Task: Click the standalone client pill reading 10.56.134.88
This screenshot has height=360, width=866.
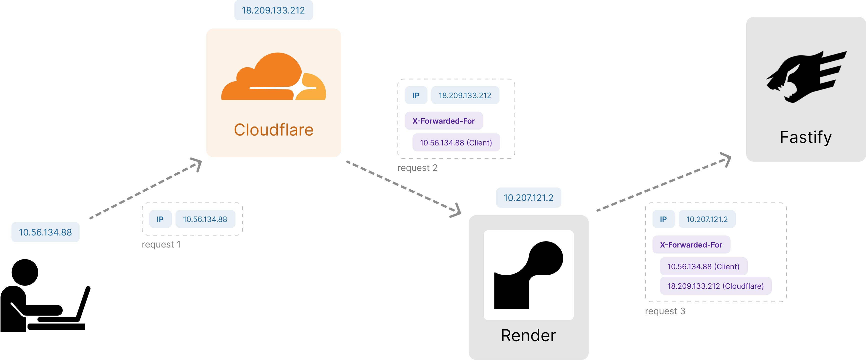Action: pyautogui.click(x=45, y=232)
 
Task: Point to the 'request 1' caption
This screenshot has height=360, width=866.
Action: pyautogui.click(x=161, y=244)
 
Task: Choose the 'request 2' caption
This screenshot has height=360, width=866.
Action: pyautogui.click(x=417, y=168)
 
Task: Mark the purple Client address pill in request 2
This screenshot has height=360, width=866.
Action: pyautogui.click(x=456, y=142)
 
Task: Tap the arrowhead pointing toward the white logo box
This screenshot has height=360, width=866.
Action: pyautogui.click(x=456, y=211)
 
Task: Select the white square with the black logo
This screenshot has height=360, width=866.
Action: pyautogui.click(x=528, y=275)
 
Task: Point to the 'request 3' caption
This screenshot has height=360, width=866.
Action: pyautogui.click(x=665, y=311)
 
